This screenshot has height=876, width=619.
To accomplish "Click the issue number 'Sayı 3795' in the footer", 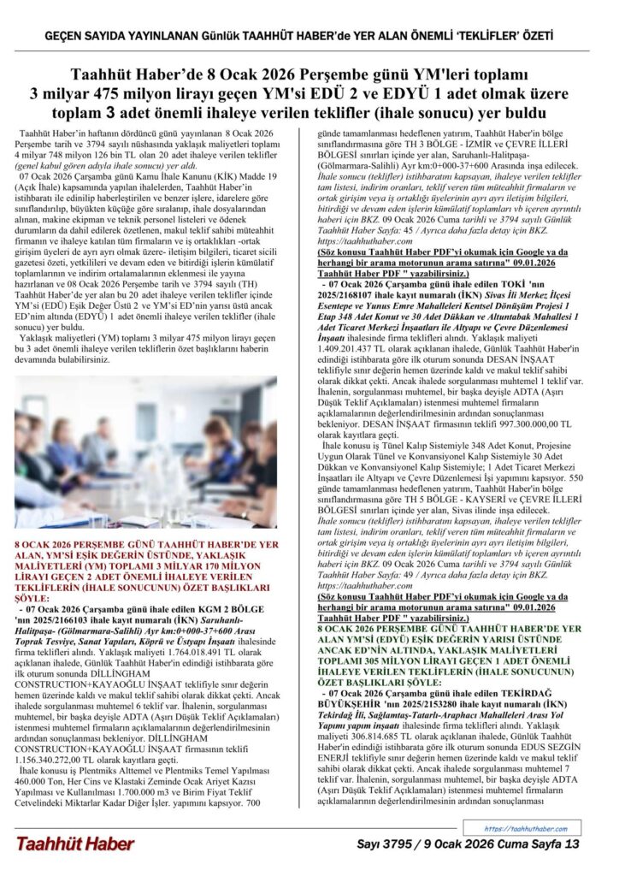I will [x=390, y=845].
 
